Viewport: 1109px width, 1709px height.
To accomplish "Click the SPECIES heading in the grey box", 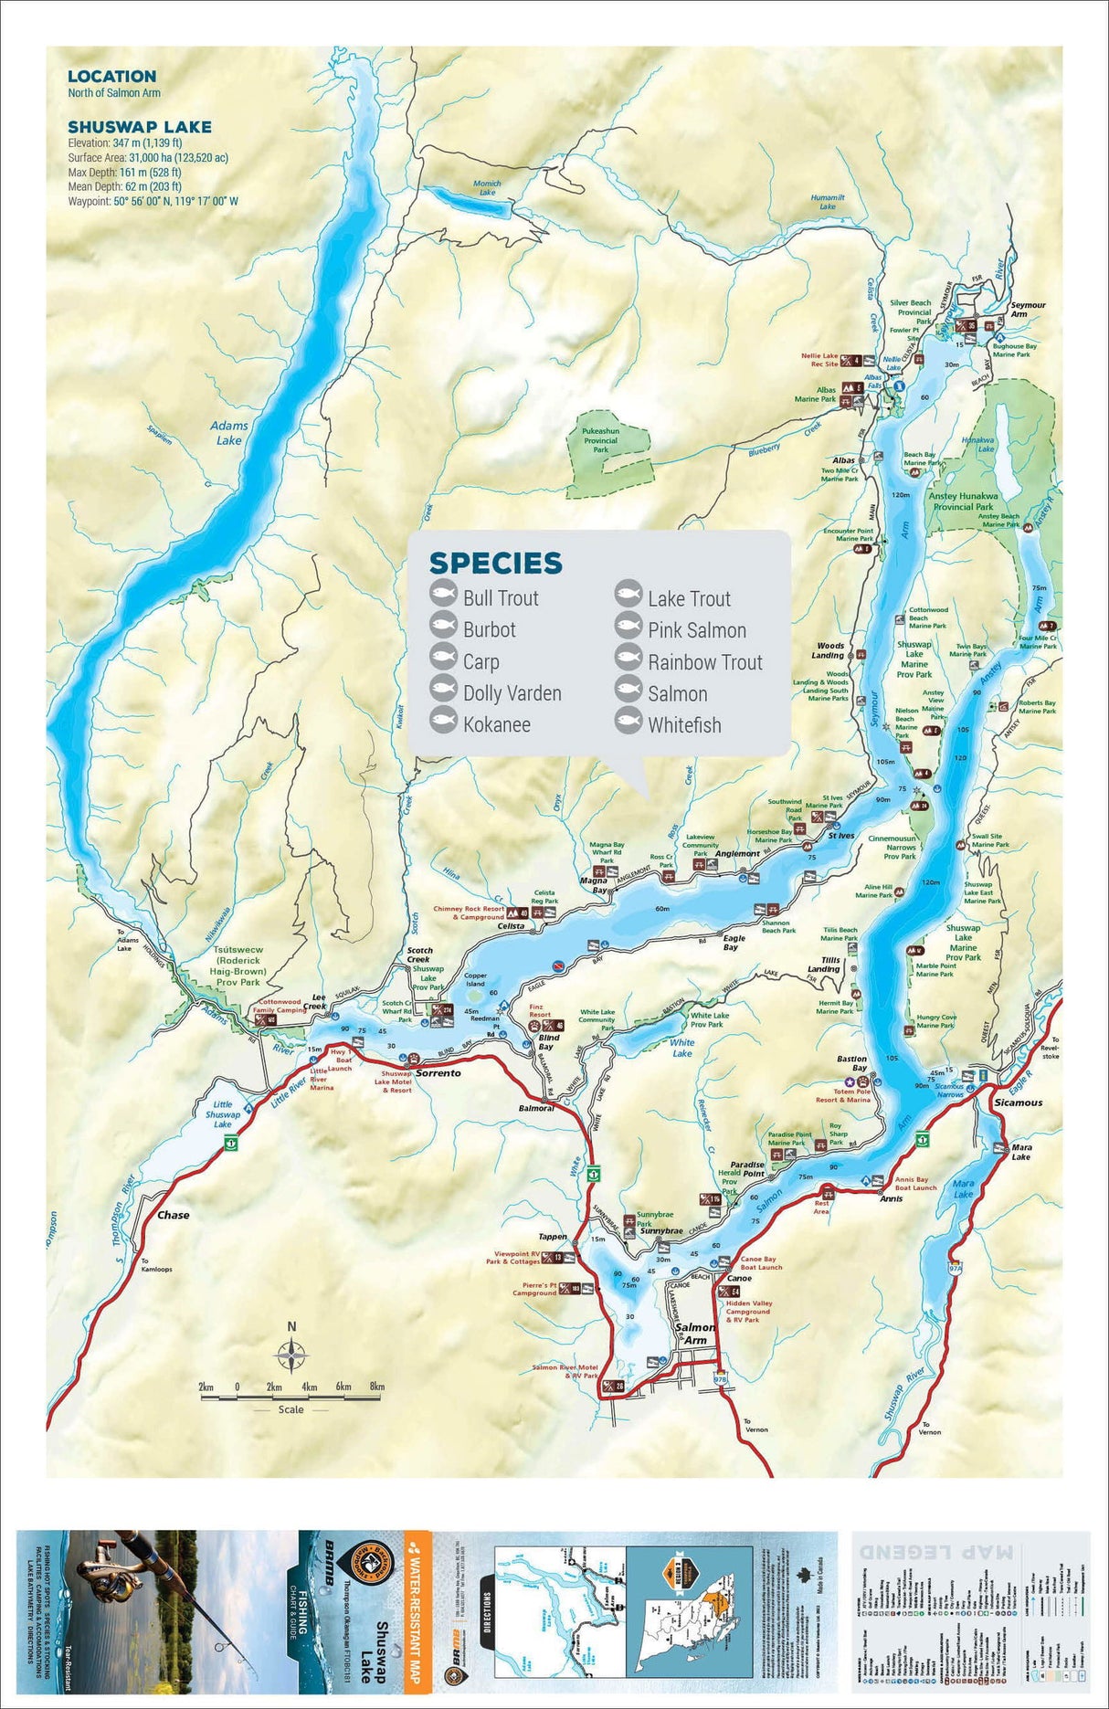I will click(495, 563).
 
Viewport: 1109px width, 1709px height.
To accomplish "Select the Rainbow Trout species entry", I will click(704, 662).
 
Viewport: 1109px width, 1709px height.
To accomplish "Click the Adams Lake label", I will click(228, 433).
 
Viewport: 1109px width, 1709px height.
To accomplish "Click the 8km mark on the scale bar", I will click(376, 1387).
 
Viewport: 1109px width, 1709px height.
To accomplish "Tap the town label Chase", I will click(173, 1215).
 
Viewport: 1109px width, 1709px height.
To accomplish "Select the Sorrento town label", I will click(438, 1073).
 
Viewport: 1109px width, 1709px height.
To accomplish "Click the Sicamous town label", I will click(1018, 1102).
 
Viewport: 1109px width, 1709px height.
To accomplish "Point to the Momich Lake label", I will click(487, 187).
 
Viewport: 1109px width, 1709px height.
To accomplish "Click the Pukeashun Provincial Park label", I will click(600, 440).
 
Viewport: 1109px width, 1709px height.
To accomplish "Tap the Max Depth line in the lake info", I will click(124, 172).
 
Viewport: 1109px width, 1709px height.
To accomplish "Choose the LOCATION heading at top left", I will click(111, 77).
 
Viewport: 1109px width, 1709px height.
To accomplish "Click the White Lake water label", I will click(681, 1048).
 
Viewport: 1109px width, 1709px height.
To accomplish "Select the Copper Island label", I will click(475, 980).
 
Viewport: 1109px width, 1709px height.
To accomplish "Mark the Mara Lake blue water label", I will click(964, 1188).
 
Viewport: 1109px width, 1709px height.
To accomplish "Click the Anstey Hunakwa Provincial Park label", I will click(963, 501).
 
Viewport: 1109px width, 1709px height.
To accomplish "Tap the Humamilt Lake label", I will click(828, 202).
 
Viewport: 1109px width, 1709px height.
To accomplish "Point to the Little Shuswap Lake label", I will click(223, 1114).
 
